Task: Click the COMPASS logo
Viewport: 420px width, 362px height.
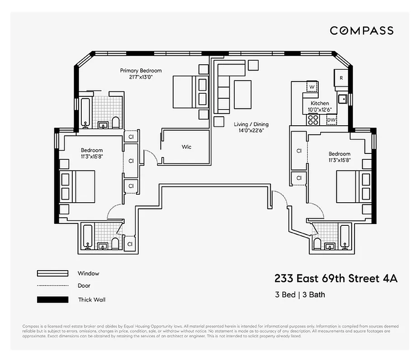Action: (x=361, y=30)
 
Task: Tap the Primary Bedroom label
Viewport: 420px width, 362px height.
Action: (x=141, y=71)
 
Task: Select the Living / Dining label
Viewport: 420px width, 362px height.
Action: (x=251, y=124)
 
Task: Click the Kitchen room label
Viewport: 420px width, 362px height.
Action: (x=320, y=103)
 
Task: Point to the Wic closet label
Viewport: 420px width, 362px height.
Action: (x=187, y=147)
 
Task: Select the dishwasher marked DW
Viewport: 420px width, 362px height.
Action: (x=331, y=119)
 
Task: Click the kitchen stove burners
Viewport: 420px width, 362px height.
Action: (x=312, y=119)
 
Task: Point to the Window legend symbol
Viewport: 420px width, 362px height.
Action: (x=52, y=273)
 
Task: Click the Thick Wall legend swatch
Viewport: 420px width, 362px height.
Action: (x=52, y=300)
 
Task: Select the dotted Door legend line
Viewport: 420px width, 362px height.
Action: (x=52, y=286)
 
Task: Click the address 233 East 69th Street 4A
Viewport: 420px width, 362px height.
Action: (x=336, y=278)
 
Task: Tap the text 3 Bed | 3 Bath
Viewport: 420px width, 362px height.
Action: (x=300, y=295)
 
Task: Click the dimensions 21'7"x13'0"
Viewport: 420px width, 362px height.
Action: (x=141, y=77)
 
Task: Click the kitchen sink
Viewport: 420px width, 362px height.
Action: (x=342, y=98)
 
